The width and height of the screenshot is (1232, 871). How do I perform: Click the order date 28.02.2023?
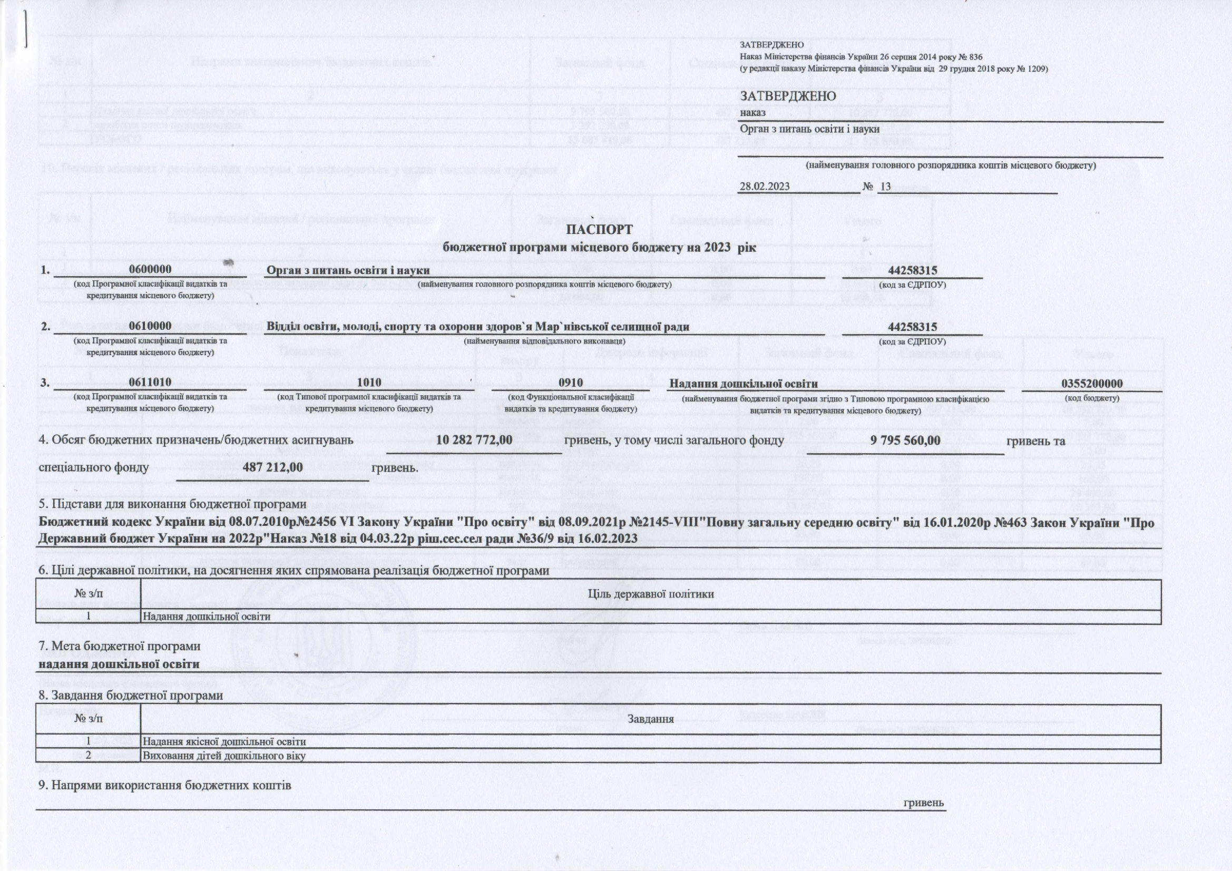[764, 186]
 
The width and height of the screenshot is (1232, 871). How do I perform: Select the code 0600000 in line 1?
[150, 270]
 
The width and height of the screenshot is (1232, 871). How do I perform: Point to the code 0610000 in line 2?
[150, 326]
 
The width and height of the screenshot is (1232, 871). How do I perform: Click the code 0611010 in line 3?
[150, 383]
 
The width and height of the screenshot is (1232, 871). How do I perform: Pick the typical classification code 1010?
[369, 383]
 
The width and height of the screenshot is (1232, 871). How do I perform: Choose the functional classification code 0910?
[570, 383]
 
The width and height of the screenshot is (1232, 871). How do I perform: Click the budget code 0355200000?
[1091, 384]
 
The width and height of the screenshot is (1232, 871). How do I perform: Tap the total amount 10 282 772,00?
[474, 440]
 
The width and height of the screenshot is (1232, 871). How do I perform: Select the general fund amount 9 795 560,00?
[905, 440]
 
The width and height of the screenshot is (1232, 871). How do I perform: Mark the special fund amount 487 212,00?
[272, 467]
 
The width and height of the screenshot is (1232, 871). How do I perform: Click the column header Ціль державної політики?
[650, 593]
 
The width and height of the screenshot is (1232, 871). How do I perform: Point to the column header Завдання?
[650, 719]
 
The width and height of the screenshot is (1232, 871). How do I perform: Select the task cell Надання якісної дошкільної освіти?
[224, 742]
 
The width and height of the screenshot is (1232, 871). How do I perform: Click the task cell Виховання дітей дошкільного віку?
[224, 756]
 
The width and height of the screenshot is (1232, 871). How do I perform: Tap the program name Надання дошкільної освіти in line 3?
[743, 384]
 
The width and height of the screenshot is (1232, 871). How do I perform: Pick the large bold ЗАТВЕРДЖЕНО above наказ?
[788, 96]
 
